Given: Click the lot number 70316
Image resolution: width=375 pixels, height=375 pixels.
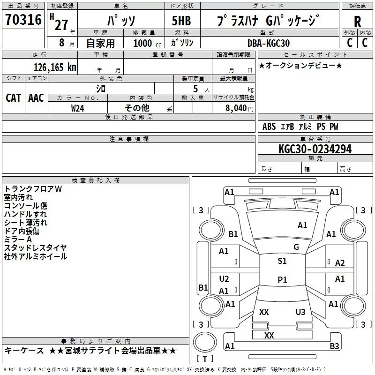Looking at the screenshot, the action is (x=23, y=19).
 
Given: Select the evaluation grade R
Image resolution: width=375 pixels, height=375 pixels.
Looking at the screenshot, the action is (x=357, y=22).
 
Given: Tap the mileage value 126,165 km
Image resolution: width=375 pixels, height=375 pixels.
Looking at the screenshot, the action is (x=55, y=67).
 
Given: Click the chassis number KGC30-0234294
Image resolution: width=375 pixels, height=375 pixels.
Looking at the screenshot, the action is (x=315, y=149).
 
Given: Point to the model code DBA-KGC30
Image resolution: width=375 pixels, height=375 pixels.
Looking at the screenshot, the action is (x=269, y=43).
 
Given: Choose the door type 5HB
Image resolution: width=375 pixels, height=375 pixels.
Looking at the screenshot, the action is (x=181, y=21).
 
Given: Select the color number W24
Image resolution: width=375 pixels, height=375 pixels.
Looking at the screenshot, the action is (x=77, y=108).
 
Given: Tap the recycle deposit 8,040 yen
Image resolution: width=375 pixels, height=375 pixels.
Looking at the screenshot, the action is (x=240, y=108).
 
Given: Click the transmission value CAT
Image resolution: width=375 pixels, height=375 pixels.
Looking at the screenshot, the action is (x=14, y=98).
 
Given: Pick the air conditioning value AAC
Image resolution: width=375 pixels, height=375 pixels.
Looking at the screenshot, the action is (x=36, y=98).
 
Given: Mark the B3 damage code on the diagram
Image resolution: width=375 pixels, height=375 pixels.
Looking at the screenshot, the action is (x=334, y=346).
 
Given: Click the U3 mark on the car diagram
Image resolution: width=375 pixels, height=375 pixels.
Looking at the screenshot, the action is (x=300, y=312).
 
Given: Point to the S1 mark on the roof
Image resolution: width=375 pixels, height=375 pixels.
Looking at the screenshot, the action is (x=282, y=261).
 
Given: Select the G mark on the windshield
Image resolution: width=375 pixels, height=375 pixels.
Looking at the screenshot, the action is (x=296, y=247).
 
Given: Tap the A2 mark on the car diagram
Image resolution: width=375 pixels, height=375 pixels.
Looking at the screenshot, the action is (x=340, y=263).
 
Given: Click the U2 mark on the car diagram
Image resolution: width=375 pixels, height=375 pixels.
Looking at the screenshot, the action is (x=224, y=279).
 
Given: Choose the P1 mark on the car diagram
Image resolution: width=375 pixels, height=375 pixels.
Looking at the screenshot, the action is (x=282, y=279).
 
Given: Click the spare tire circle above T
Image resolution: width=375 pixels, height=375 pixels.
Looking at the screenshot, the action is (x=205, y=342).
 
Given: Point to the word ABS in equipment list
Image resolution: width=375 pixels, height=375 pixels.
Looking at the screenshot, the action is (x=269, y=127).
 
